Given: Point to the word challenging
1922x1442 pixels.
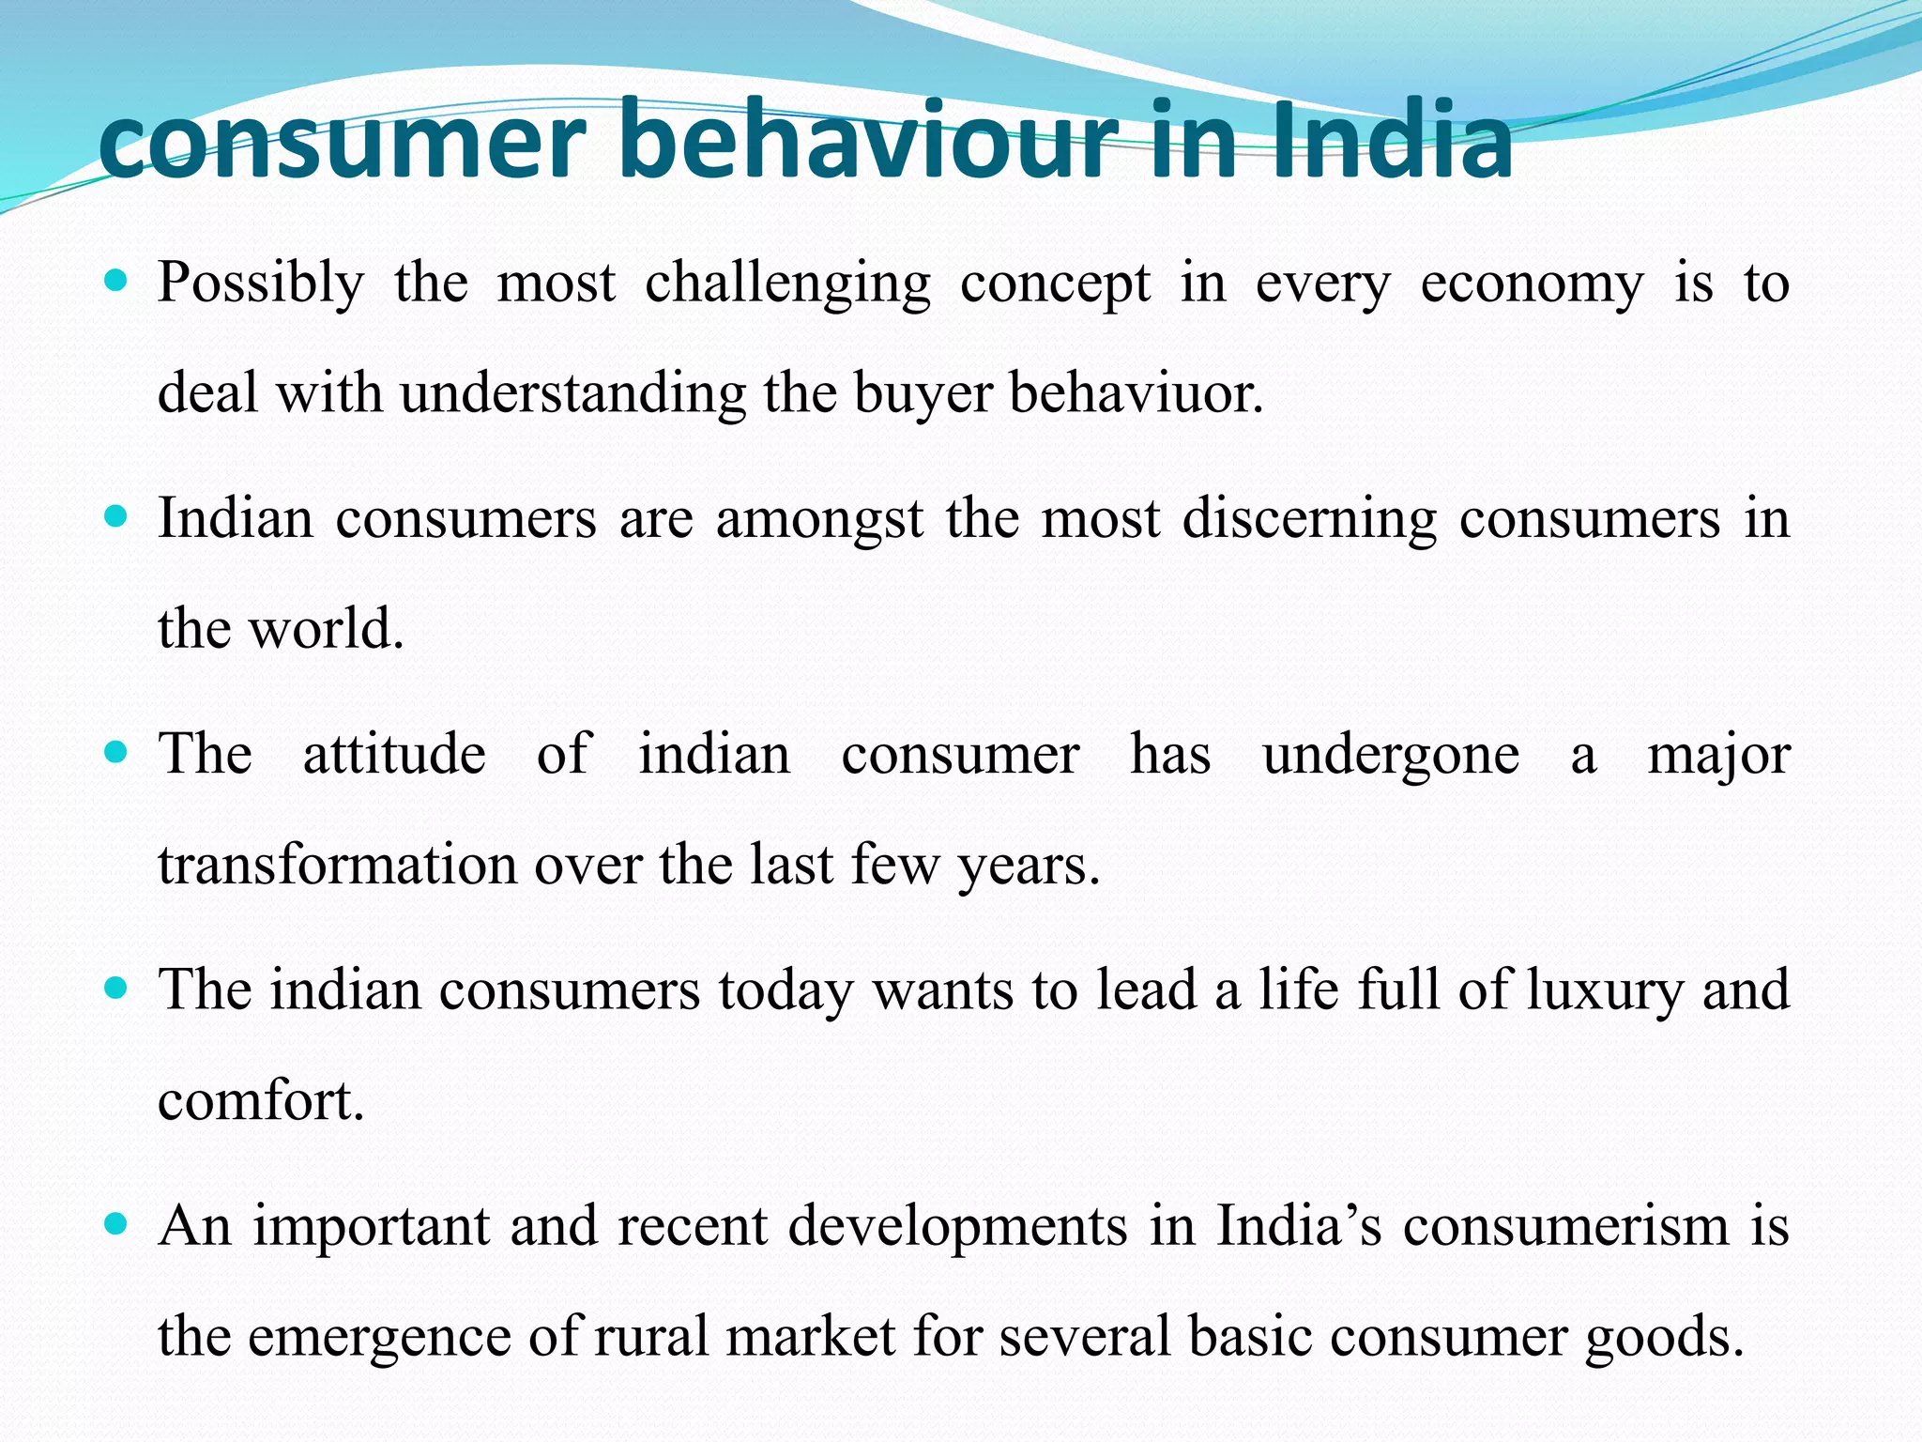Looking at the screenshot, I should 787,284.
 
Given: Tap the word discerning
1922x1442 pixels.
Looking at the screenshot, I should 1309,519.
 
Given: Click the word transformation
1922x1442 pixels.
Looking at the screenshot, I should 337,865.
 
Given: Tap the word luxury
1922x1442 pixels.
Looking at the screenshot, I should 1605,991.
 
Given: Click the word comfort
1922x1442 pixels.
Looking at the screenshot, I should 260,1100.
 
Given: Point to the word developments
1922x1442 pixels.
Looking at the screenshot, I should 957,1227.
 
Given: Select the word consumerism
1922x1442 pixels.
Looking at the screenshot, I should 1565,1225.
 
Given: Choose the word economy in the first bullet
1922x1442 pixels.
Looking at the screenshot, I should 1532,284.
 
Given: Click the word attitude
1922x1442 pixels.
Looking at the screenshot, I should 394,754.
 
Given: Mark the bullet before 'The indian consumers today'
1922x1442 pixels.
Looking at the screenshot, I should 115,988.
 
